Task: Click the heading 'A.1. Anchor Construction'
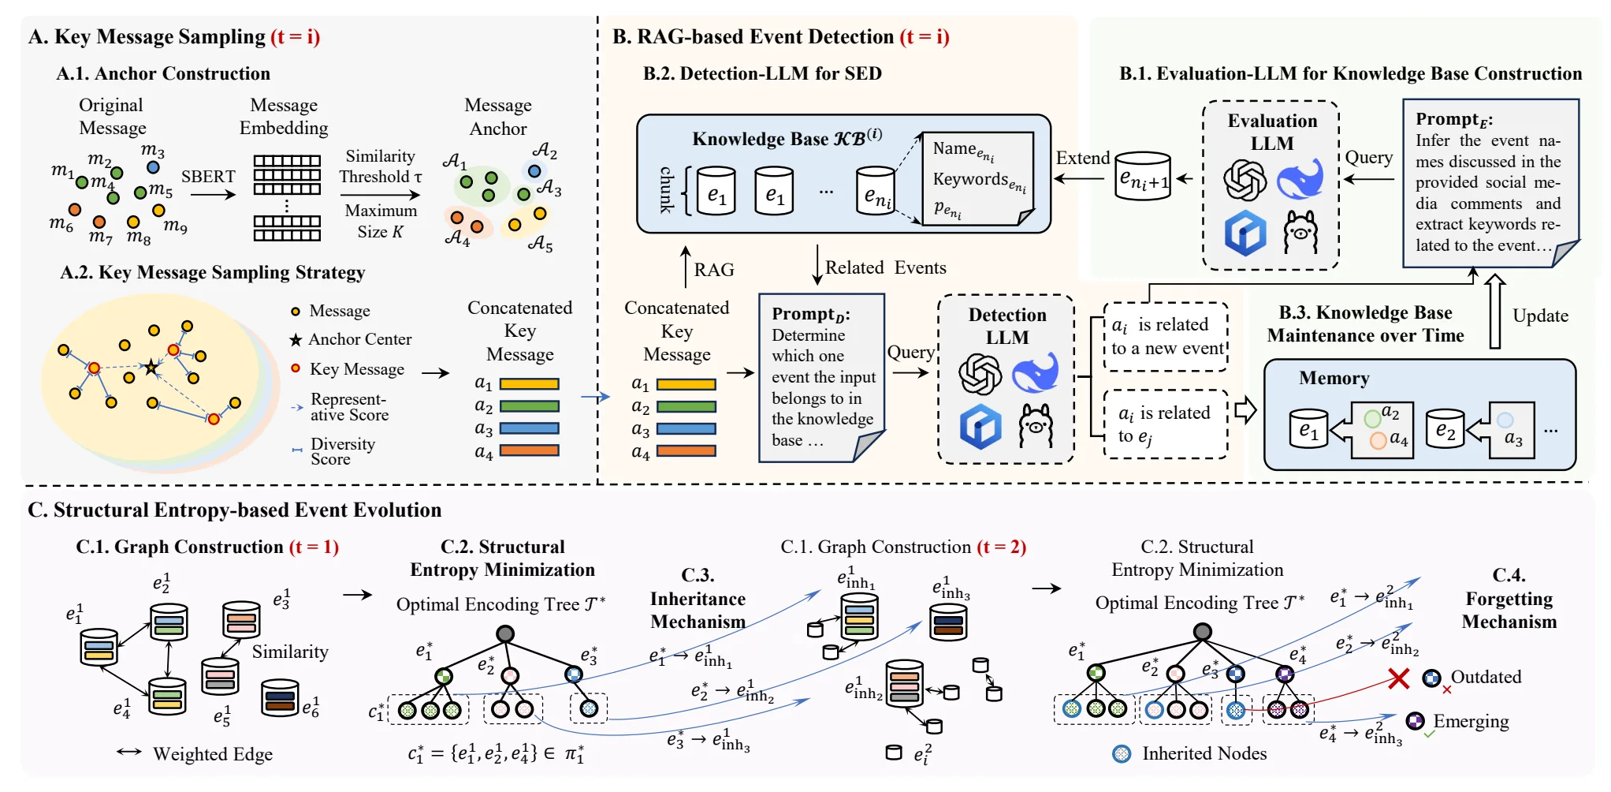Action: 163,73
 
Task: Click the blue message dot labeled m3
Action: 154,167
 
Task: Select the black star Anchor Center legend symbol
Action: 296,340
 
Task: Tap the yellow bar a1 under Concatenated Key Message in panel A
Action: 529,384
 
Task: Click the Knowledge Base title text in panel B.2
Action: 787,138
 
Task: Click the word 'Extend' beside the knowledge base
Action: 1082,158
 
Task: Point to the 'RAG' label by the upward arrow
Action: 714,270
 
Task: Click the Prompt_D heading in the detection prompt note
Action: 811,314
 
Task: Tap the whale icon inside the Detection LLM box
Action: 1035,373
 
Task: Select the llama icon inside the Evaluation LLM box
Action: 1300,232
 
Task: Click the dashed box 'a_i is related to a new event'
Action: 1166,337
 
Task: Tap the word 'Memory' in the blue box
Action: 1334,379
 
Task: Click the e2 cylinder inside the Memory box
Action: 1445,428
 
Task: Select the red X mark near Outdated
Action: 1399,678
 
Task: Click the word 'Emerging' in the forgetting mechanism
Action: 1471,721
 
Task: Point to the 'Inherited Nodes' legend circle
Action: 1122,754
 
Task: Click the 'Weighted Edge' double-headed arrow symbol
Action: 129,752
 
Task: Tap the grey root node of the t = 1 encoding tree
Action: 505,633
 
